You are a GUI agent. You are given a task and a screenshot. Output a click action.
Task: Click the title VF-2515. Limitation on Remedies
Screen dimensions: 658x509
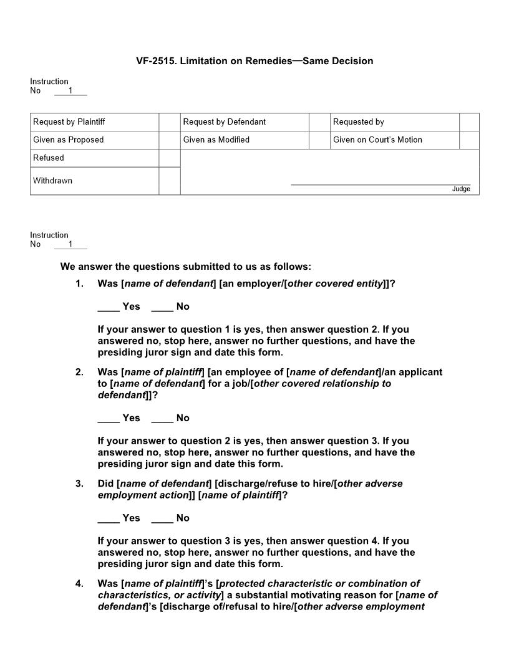254,61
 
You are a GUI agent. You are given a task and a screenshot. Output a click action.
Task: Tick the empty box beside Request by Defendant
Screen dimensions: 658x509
319,122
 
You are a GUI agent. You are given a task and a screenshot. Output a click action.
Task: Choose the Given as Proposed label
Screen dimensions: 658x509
69,140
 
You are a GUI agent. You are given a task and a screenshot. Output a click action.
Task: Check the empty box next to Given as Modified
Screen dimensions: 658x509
319,140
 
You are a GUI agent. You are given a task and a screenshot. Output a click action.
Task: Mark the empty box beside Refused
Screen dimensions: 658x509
169,158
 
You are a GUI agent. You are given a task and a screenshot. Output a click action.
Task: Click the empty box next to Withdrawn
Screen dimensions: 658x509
169,181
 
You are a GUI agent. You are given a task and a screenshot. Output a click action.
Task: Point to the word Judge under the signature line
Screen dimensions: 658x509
461,189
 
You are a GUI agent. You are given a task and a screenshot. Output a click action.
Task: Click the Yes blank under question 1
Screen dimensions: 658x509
108,307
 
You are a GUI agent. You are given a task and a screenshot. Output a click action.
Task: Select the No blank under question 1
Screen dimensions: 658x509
162,307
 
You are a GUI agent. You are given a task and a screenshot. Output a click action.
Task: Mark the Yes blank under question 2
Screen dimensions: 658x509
108,419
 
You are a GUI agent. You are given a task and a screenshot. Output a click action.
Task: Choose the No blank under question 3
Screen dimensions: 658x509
162,518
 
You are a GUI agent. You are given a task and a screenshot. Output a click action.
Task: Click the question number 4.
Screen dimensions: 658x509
79,584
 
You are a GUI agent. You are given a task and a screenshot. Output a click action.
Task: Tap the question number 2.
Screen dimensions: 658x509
79,373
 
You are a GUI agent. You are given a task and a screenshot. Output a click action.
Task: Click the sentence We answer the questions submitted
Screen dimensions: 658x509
185,267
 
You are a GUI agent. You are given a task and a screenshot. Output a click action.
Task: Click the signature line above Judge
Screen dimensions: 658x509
381,184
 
